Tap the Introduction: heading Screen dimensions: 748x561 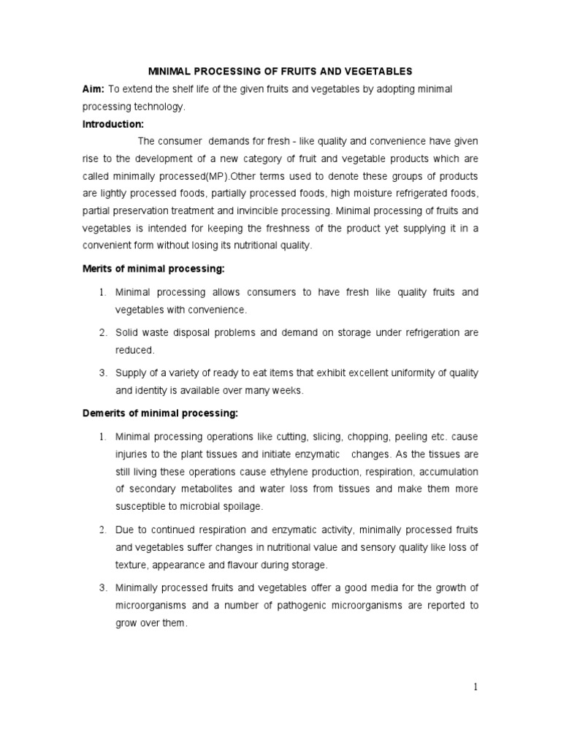tap(112, 124)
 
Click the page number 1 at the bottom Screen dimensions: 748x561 tap(475, 687)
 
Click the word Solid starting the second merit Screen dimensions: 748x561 tap(127, 333)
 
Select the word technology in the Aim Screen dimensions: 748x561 tap(158, 107)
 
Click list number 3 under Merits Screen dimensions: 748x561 tap(103, 373)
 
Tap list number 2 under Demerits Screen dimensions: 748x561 tap(103, 530)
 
